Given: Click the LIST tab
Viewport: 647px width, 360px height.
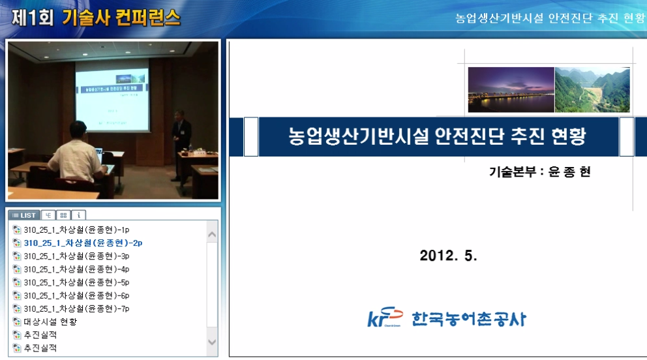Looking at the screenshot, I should click(23, 215).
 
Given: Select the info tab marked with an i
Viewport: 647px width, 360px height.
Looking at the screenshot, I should click(78, 215).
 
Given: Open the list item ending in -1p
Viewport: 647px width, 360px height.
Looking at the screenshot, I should click(76, 230).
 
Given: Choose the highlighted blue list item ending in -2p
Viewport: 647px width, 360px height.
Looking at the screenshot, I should click(83, 243).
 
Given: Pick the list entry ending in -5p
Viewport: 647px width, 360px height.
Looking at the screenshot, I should click(76, 282).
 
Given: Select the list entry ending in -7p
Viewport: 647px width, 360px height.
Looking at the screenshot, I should click(76, 308).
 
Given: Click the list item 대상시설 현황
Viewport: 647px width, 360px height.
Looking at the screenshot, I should click(50, 322).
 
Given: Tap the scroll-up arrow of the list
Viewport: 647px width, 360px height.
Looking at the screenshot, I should click(212, 234).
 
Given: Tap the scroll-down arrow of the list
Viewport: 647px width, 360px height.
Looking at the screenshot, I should click(212, 342).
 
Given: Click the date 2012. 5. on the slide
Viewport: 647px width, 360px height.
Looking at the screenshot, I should click(448, 256).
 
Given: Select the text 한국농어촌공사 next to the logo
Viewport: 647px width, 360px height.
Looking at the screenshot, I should click(468, 319).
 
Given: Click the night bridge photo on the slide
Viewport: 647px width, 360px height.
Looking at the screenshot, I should click(511, 90).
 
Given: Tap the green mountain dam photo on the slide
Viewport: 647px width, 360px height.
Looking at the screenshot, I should click(592, 90).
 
